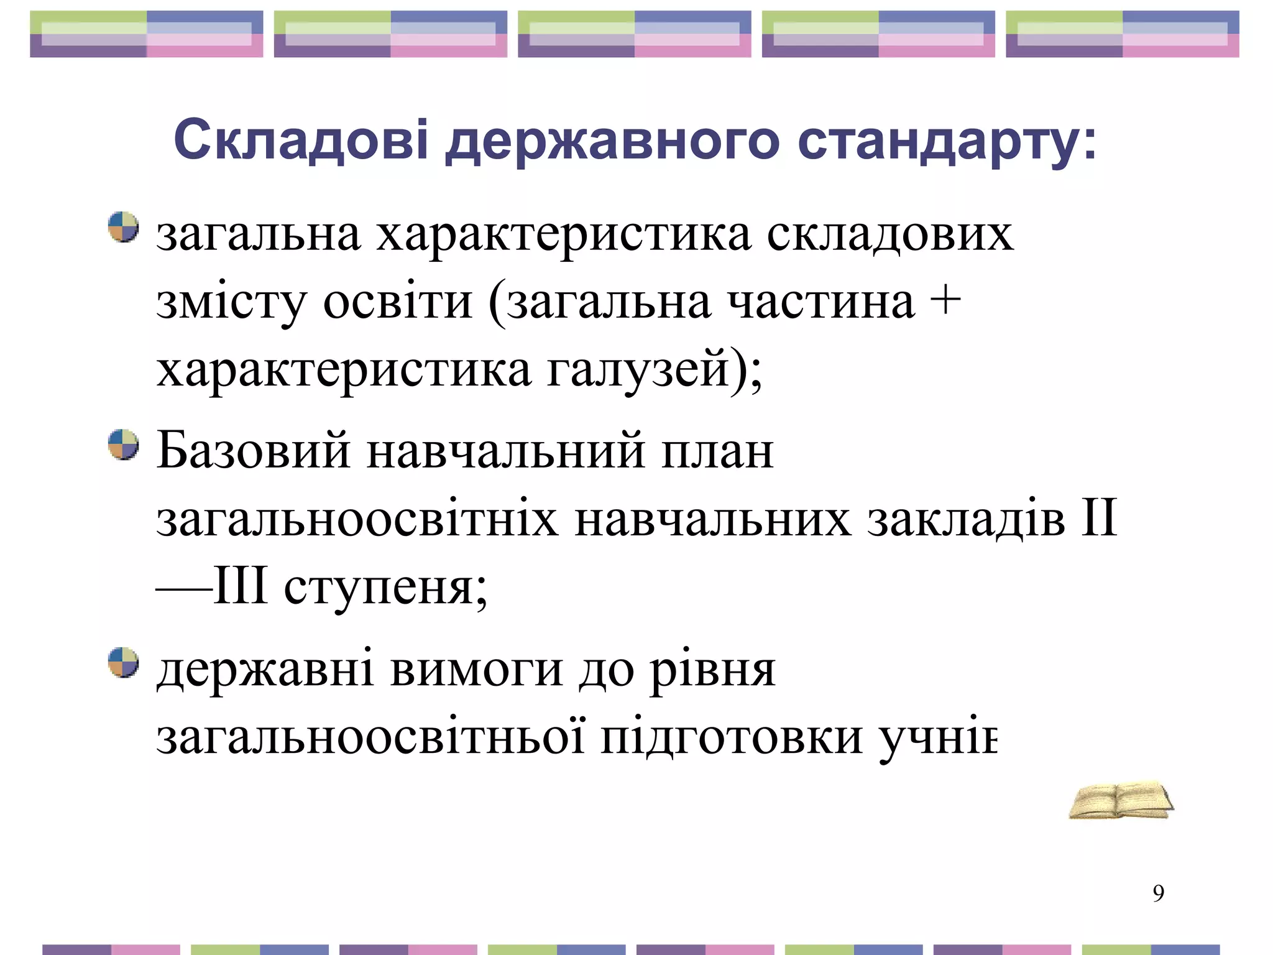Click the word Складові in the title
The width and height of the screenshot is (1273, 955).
[301, 140]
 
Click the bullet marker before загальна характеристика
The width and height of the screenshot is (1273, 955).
[123, 227]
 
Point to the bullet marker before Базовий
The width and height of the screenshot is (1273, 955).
[123, 445]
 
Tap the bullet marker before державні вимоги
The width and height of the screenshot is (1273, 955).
[123, 662]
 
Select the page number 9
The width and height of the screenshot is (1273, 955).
[1158, 893]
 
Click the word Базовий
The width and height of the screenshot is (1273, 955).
[254, 450]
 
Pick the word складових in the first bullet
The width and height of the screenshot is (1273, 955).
[889, 235]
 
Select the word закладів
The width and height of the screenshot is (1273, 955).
[967, 519]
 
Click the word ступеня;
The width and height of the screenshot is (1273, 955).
[385, 588]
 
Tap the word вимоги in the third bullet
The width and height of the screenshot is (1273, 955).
[477, 670]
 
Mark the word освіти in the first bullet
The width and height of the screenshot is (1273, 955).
[398, 302]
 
